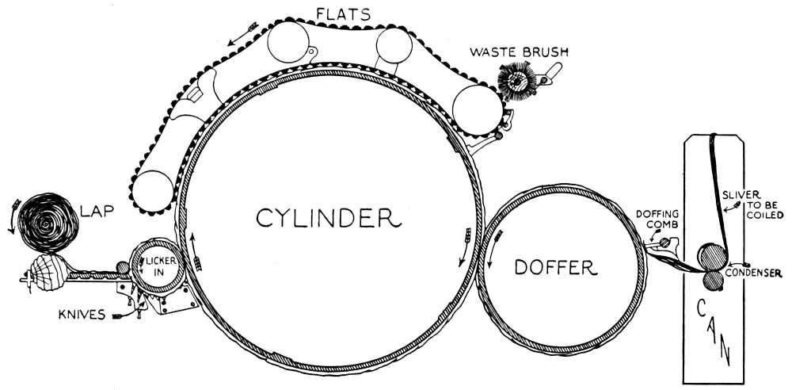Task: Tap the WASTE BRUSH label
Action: point(520,54)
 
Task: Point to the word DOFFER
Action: point(554,268)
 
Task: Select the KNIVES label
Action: point(82,315)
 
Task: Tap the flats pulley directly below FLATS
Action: point(291,44)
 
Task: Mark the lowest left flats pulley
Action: point(152,191)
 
